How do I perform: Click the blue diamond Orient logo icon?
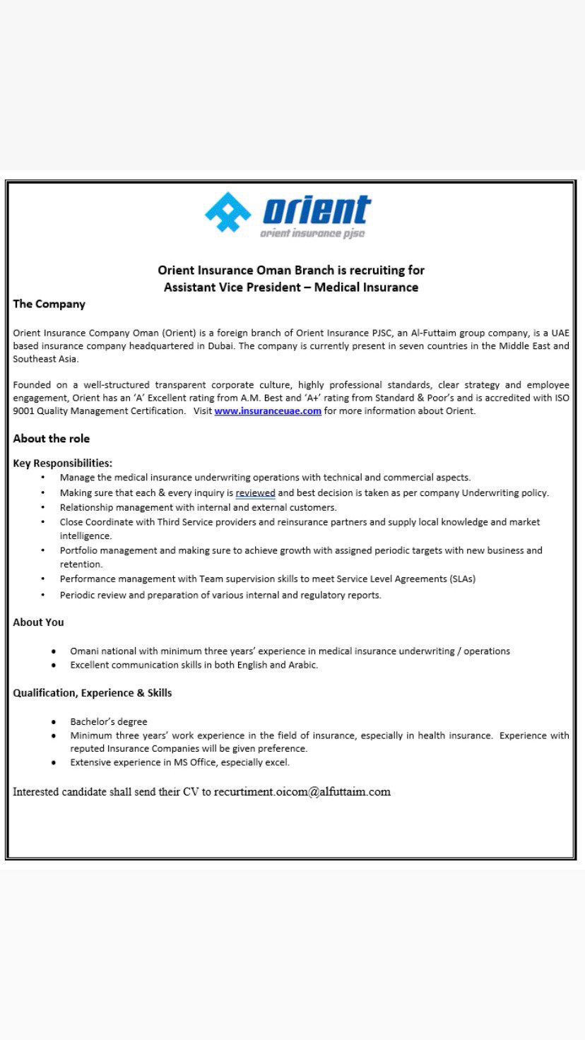pyautogui.click(x=227, y=212)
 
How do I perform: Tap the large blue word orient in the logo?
pyautogui.click(x=317, y=210)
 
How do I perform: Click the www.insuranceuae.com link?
pyautogui.click(x=268, y=410)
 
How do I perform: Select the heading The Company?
pyautogui.click(x=49, y=304)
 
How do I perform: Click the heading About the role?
pyautogui.click(x=51, y=439)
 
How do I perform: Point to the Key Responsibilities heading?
pyautogui.click(x=62, y=463)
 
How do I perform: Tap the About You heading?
pyautogui.click(x=38, y=622)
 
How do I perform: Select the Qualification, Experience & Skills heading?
pyautogui.click(x=92, y=693)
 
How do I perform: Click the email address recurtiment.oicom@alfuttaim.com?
pyautogui.click(x=302, y=791)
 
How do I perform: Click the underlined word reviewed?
pyautogui.click(x=255, y=493)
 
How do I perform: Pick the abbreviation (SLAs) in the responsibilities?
pyautogui.click(x=462, y=579)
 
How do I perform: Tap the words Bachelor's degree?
pyautogui.click(x=109, y=722)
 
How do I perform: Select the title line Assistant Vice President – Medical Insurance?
pyautogui.click(x=291, y=287)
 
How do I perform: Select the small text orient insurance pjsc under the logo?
pyautogui.click(x=312, y=234)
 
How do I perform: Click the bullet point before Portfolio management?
pyautogui.click(x=43, y=550)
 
